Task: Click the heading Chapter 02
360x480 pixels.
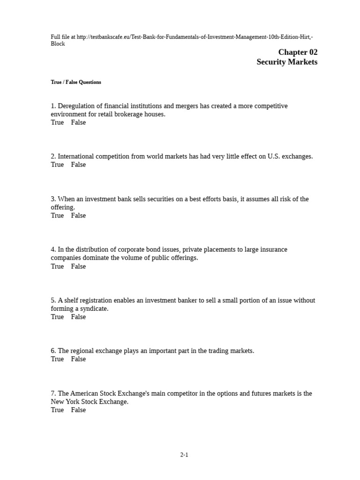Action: click(298, 52)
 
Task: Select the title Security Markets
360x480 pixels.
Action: click(287, 62)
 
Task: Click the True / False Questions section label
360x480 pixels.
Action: click(76, 82)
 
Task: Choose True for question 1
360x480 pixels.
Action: click(57, 122)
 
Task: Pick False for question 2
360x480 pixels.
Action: click(78, 165)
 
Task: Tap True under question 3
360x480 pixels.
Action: click(57, 216)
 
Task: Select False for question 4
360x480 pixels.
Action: click(78, 266)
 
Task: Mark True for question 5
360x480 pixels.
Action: click(57, 317)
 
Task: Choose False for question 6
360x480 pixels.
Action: click(78, 359)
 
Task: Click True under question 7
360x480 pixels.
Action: click(57, 410)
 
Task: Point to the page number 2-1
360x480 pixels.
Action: click(184, 455)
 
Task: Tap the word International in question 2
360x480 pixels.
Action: click(77, 157)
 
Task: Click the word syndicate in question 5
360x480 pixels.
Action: click(94, 309)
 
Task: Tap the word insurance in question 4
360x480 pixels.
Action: click(274, 250)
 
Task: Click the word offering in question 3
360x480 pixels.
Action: click(62, 207)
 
